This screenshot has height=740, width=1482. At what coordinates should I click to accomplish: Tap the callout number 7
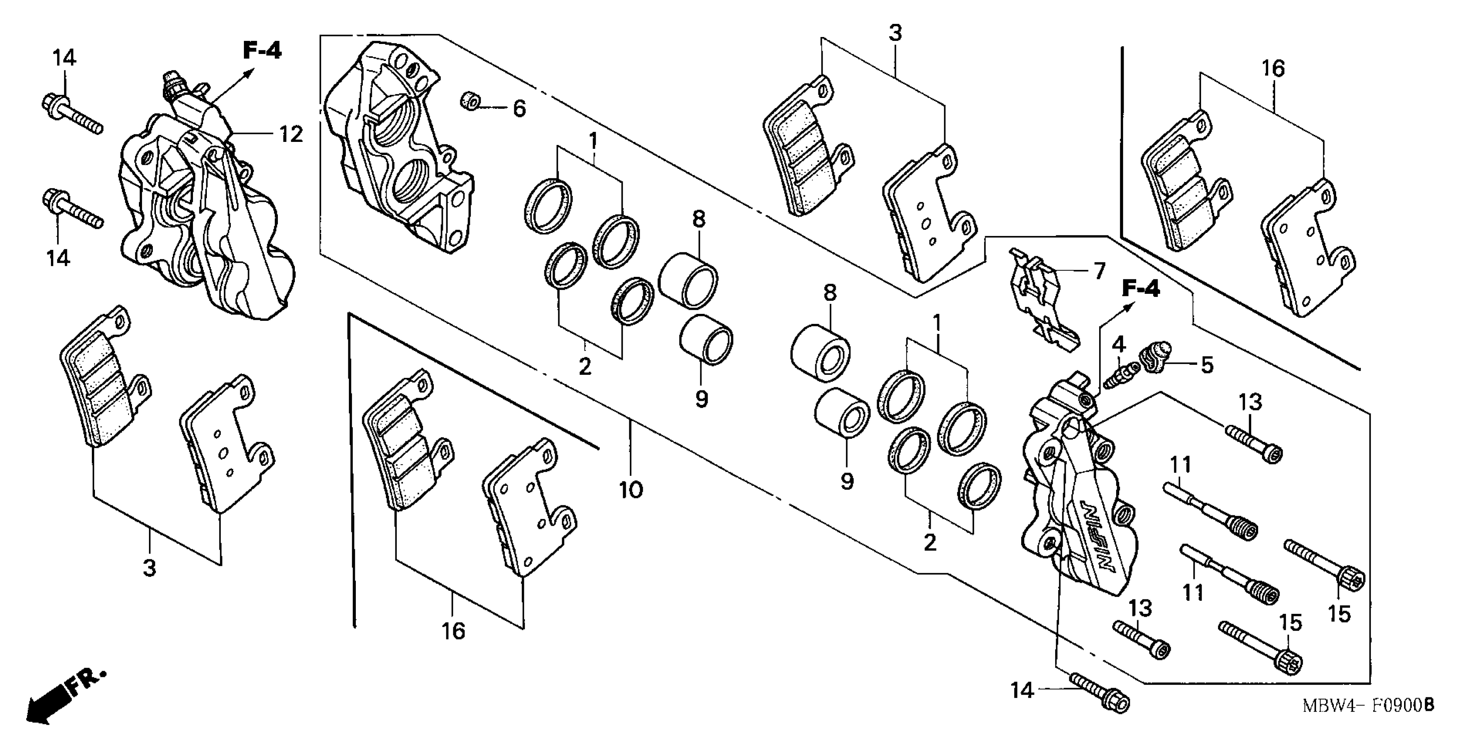pyautogui.click(x=1098, y=270)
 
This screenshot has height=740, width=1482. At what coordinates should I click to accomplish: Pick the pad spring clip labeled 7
pyautogui.click(x=1041, y=302)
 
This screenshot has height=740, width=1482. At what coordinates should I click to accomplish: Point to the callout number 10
pyautogui.click(x=631, y=491)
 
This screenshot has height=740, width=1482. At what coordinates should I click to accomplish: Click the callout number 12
pyautogui.click(x=291, y=135)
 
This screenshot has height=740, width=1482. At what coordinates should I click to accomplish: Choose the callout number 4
pyautogui.click(x=1118, y=345)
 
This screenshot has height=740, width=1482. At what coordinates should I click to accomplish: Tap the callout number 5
pyautogui.click(x=1206, y=365)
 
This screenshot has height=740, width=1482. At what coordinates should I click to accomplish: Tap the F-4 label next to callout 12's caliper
pyautogui.click(x=262, y=50)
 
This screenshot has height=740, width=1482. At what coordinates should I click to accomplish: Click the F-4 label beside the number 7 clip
pyautogui.click(x=1141, y=289)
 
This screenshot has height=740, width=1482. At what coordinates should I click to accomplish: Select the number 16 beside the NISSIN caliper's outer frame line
pyautogui.click(x=1273, y=69)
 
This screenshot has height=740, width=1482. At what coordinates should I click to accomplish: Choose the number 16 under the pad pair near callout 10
pyautogui.click(x=453, y=631)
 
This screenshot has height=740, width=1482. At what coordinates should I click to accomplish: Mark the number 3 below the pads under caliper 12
pyautogui.click(x=149, y=568)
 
